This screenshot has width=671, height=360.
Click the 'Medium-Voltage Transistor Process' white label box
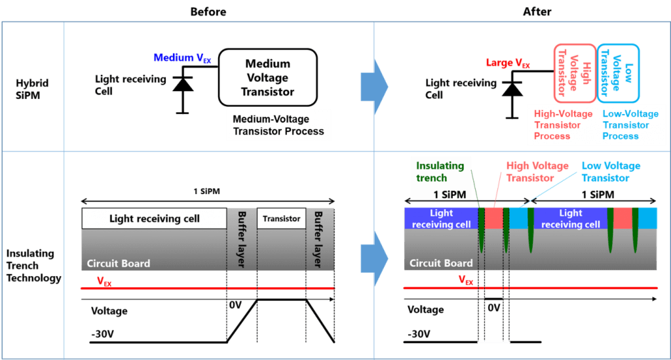pos(278,125)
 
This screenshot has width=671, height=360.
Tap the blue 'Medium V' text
pos(182,58)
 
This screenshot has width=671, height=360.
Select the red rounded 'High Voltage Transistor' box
pos(575,73)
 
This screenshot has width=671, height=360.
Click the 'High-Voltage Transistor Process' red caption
pos(562,125)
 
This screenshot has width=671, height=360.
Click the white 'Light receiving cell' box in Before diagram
pos(154,218)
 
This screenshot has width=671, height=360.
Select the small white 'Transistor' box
pos(281,218)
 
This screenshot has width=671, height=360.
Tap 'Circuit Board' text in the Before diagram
pos(119,264)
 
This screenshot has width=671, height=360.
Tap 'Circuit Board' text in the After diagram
pos(441,264)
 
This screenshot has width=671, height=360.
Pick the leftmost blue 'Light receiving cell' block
pos(441,218)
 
